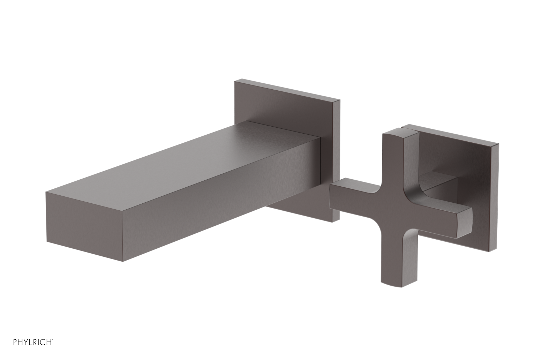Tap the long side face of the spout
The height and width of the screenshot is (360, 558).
click(209, 206)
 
